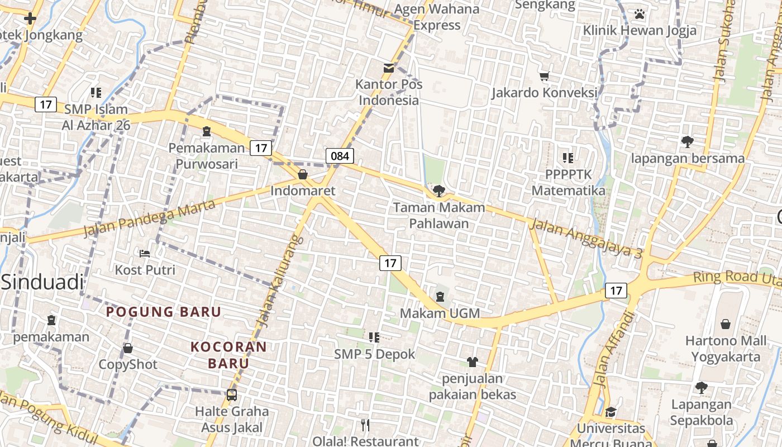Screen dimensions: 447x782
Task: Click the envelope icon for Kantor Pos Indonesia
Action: click(388, 68)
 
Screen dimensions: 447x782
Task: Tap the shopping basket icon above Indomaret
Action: click(303, 174)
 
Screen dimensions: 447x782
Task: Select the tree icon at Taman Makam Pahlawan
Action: click(439, 191)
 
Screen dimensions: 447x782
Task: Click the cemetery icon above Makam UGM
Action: click(440, 296)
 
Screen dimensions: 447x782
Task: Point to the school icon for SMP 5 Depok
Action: click(374, 337)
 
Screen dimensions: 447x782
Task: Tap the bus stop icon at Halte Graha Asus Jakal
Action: click(231, 395)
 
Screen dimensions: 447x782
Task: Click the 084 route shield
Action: click(340, 156)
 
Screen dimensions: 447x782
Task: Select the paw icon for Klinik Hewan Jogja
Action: click(640, 13)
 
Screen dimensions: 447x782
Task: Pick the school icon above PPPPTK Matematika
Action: click(568, 158)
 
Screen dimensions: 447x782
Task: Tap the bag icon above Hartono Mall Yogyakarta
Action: click(726, 324)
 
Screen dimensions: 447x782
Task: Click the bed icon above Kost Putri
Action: click(145, 253)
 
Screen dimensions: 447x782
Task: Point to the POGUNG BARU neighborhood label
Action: click(164, 312)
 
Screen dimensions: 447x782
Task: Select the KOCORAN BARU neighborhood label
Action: click(228, 355)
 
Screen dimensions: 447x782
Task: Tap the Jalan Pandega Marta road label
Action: click(150, 217)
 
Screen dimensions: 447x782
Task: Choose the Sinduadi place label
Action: click(42, 282)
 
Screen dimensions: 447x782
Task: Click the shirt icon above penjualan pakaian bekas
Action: click(473, 362)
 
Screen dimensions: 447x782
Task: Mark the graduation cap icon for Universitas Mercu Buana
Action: click(611, 412)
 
